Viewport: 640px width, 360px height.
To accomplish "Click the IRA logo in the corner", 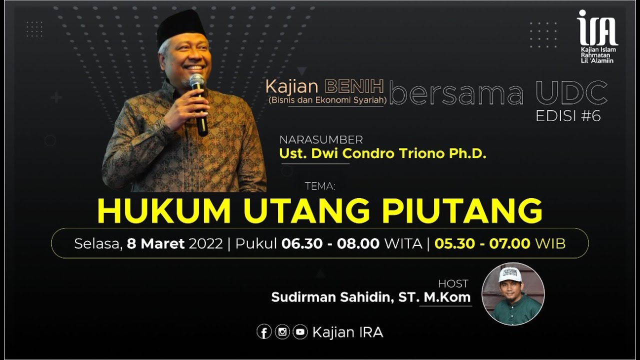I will (597, 36).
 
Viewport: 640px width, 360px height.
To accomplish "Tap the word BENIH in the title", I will (354, 86).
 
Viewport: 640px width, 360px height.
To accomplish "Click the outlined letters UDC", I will (571, 93).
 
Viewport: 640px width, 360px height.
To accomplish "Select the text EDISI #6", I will (568, 116).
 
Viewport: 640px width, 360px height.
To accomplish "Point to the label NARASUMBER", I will (321, 139).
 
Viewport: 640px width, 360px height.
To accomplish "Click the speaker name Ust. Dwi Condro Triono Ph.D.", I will (382, 154).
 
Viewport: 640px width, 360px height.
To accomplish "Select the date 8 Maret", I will (156, 243).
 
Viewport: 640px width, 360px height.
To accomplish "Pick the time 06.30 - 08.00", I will (330, 243).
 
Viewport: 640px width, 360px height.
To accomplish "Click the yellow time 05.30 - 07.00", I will (482, 243).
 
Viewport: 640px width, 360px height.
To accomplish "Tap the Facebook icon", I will (264, 332).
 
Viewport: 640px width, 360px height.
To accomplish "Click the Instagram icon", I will (282, 332).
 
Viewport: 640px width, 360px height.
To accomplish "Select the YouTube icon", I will (300, 332).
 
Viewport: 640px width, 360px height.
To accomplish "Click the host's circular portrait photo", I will (513, 293).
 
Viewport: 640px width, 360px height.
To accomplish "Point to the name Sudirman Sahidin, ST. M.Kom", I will (370, 297).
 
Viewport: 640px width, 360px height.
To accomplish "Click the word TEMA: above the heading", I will (319, 186).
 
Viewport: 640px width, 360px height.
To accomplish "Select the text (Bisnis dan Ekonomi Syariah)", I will (325, 100).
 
